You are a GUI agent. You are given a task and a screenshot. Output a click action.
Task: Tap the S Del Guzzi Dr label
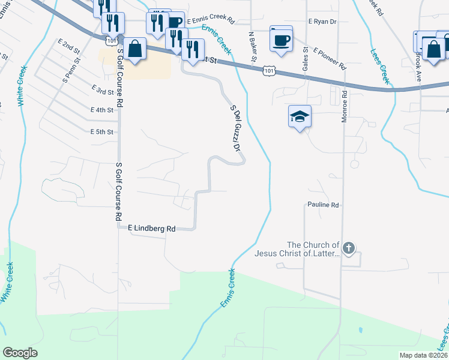coord(235,129)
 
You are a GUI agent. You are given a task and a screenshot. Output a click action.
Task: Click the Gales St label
coord(306,59)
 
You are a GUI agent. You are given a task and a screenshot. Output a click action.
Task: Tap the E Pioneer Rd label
coord(329,58)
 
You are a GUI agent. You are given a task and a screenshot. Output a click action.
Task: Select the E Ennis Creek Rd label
coord(209,21)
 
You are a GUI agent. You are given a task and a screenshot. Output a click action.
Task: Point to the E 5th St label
coord(101,132)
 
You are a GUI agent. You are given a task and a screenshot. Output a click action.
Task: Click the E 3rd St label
coord(102,89)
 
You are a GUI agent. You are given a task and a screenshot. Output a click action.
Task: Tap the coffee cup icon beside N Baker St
coord(281,40)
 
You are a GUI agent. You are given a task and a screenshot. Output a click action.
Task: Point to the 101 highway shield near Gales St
coord(270,71)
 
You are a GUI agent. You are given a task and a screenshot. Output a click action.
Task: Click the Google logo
coord(20,353)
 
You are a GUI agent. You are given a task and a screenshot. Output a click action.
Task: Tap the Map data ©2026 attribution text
coord(423,355)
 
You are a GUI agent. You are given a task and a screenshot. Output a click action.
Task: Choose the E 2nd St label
coord(69,47)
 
